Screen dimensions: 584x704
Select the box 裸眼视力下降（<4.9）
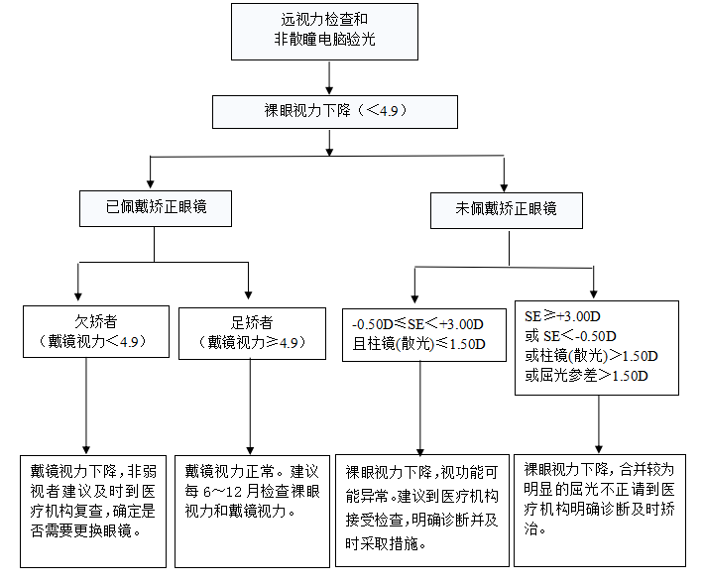[335, 111]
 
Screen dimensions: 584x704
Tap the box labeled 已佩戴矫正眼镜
[156, 208]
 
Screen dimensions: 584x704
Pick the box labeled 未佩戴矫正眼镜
[506, 209]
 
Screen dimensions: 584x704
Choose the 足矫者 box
[250, 332]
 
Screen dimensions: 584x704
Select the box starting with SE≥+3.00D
[595, 346]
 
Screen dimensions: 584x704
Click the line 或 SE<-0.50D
[570, 335]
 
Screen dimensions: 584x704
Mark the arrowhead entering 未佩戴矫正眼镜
[506, 184]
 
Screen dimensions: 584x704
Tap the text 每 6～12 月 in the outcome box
[220, 491]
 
